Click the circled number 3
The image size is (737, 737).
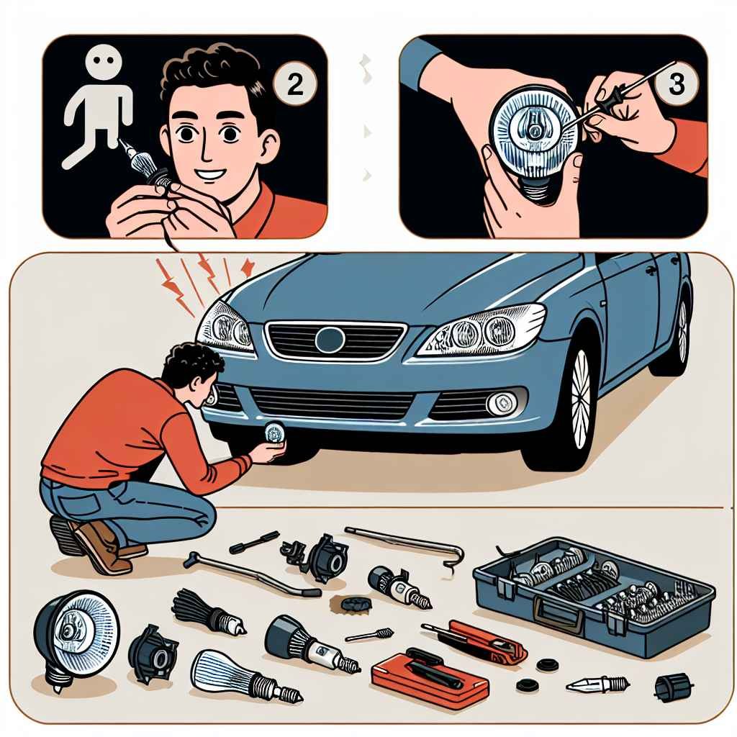677,83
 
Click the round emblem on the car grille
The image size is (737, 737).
330,340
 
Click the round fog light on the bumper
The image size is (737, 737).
502,402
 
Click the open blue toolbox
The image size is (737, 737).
594,596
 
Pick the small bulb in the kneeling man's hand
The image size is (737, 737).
273,433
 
